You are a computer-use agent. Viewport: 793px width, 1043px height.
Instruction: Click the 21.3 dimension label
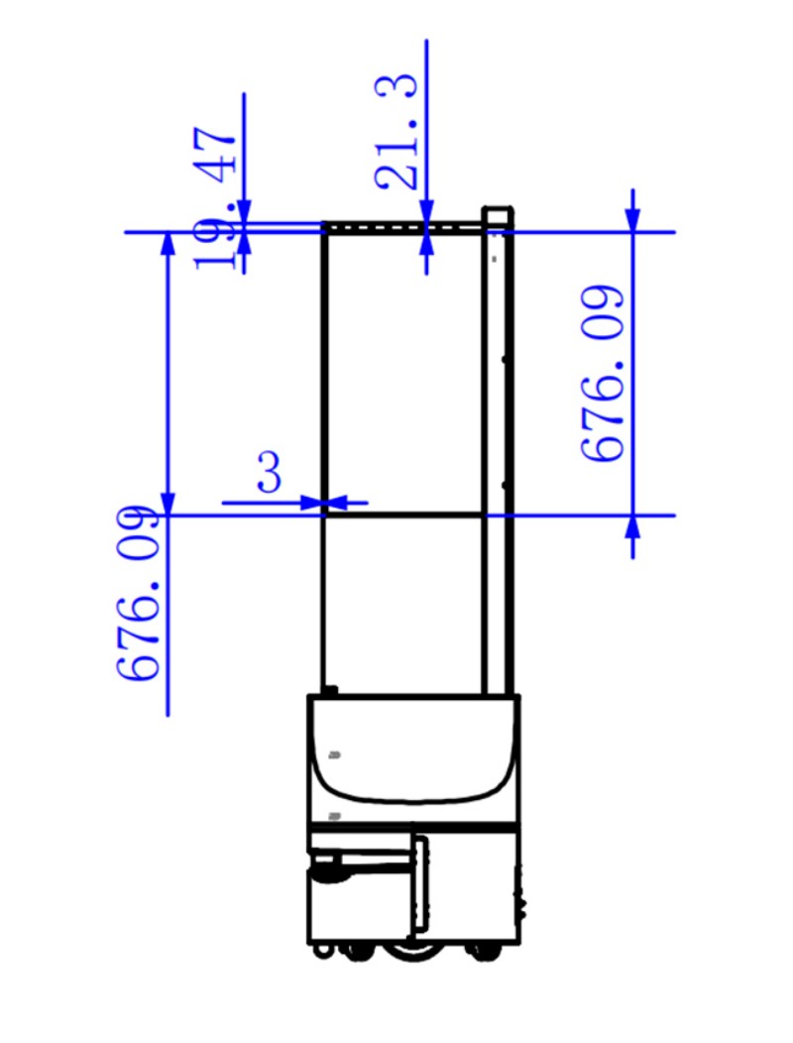(x=396, y=131)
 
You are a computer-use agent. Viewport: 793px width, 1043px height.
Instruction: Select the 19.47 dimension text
(x=215, y=198)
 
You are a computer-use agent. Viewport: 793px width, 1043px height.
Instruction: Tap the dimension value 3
(x=269, y=472)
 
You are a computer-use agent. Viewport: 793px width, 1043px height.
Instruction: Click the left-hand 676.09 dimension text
(x=139, y=593)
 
